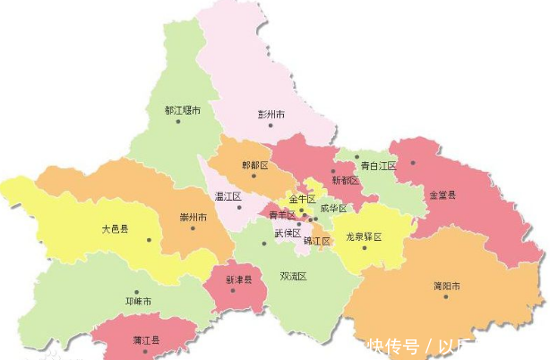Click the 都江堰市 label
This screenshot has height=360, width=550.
pyautogui.click(x=182, y=111)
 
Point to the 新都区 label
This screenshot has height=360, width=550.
pyautogui.click(x=345, y=180)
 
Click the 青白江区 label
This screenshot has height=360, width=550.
pyautogui.click(x=378, y=166)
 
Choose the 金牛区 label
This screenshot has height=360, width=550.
pyautogui.click(x=301, y=198)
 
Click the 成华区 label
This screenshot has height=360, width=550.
pyautogui.click(x=332, y=209)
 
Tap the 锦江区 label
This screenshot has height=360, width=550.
pyautogui.click(x=317, y=241)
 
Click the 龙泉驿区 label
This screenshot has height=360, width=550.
pyautogui.click(x=364, y=237)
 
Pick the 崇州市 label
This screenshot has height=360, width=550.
pyautogui.click(x=193, y=218)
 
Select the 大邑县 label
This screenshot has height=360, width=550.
pyautogui.click(x=115, y=229)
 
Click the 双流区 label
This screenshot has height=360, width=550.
pyautogui.click(x=293, y=277)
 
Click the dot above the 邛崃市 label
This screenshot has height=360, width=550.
pyautogui.click(x=137, y=292)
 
